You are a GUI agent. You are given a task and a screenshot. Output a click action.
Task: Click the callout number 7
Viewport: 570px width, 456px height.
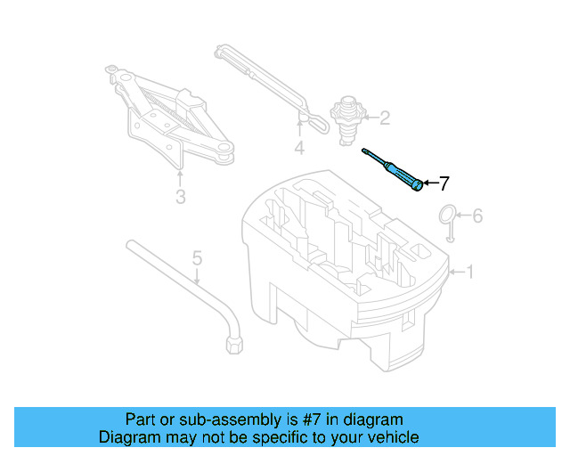[x=444, y=183]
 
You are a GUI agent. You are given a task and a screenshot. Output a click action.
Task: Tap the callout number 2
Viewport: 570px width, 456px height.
[x=385, y=117]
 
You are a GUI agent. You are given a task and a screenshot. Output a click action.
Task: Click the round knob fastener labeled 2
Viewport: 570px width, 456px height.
[x=346, y=118]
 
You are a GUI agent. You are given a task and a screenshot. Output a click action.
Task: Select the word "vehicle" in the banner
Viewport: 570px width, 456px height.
[x=394, y=437]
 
